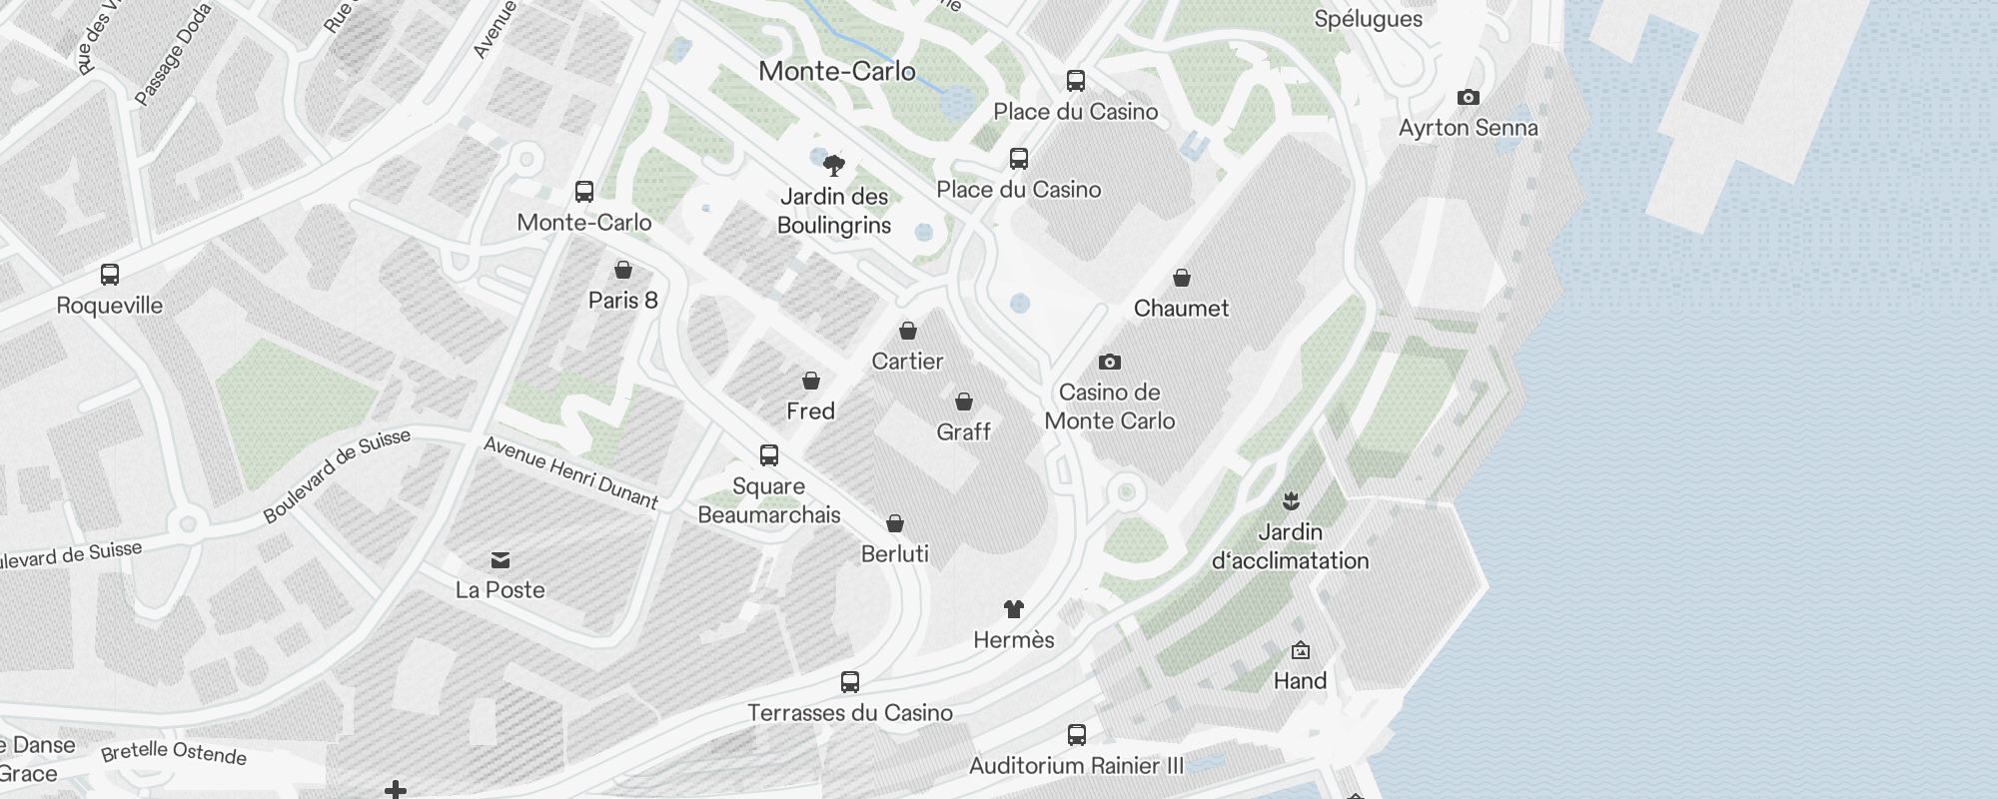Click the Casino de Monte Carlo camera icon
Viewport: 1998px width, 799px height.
[1109, 362]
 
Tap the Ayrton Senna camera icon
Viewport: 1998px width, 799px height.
[1468, 97]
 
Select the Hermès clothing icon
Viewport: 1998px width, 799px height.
[1013, 608]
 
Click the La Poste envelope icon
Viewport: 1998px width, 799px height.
[500, 559]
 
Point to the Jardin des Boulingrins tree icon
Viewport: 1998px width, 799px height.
[833, 165]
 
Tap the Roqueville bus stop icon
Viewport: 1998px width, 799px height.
[110, 275]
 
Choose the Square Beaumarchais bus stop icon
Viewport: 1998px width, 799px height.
[768, 455]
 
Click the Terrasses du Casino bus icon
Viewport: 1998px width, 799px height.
[850, 682]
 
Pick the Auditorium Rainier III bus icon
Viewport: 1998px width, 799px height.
[1076, 735]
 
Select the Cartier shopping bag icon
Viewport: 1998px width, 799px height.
[907, 331]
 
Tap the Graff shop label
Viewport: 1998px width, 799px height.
[963, 431]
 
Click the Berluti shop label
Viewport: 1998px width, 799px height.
[894, 553]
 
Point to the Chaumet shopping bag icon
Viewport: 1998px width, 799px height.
[1181, 278]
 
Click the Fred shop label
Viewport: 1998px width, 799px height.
[810, 410]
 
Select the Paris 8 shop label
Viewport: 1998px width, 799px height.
[622, 300]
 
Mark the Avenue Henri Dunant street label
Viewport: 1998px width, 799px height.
[570, 472]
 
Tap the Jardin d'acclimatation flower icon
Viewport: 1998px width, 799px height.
[1291, 500]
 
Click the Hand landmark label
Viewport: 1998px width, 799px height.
[1300, 680]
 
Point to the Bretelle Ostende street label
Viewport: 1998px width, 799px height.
[174, 752]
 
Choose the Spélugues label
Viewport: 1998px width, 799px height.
[1368, 18]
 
